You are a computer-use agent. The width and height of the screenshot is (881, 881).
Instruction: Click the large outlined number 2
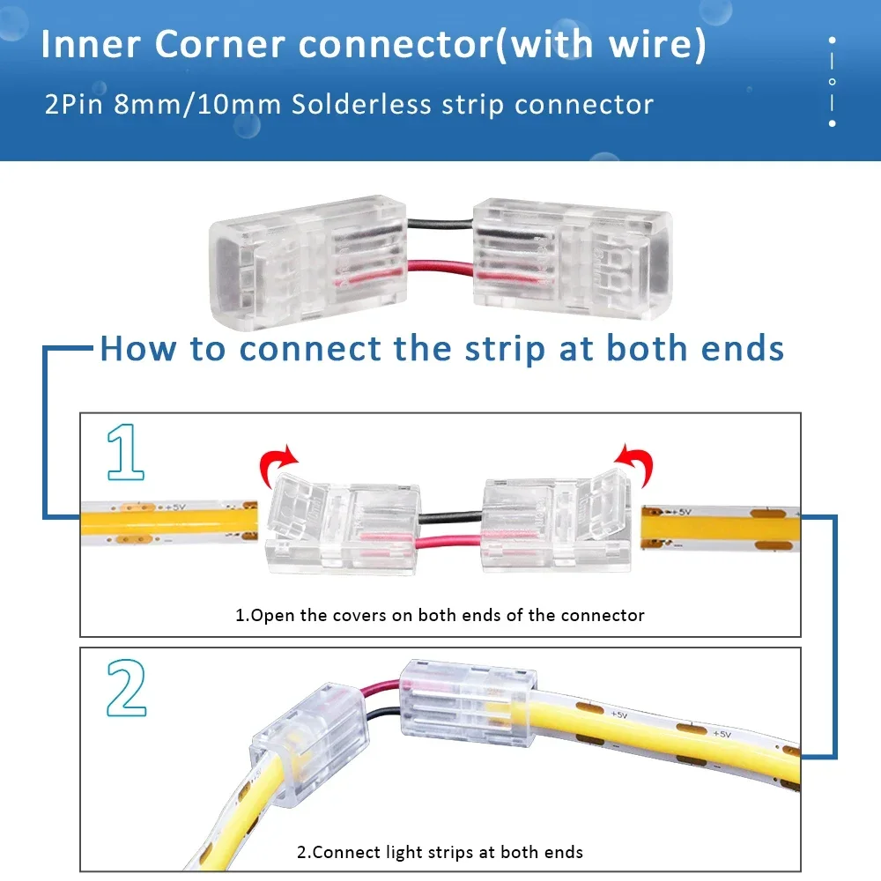pos(126,688)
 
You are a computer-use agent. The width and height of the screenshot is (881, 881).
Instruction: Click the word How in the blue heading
pos(140,348)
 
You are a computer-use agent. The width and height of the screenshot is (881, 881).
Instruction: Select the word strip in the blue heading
pos(500,348)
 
